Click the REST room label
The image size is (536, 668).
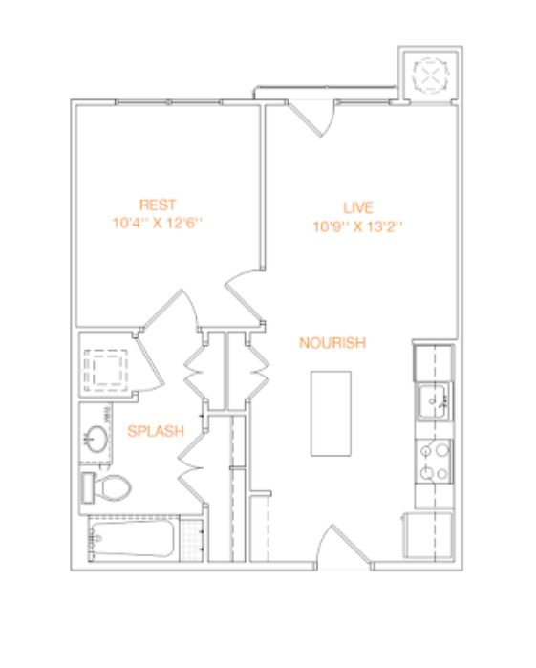[158, 205]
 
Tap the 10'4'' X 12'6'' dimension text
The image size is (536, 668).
[158, 223]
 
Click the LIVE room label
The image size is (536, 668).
[358, 207]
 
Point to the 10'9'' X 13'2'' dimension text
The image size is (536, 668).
[358, 226]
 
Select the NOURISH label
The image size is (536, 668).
[332, 343]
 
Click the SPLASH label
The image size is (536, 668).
[156, 431]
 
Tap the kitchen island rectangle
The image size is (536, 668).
[331, 413]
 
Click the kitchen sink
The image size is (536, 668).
[434, 401]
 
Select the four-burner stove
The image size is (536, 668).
[434, 462]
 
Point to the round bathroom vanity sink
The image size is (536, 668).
[96, 439]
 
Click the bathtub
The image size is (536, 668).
[132, 539]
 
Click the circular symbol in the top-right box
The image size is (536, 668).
[431, 75]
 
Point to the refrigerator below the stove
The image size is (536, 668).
[428, 535]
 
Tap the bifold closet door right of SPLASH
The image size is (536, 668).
[192, 468]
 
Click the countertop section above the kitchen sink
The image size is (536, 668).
[433, 363]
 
